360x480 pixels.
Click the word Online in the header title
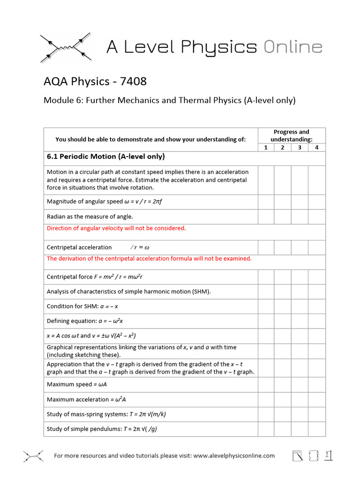tap(292, 47)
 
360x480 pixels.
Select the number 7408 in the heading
tap(133, 82)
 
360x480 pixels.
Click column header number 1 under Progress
tap(266, 147)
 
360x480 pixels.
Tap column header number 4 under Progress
tap(316, 147)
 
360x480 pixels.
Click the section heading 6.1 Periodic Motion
tap(105, 157)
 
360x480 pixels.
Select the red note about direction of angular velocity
tap(116, 228)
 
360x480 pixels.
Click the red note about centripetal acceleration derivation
tap(149, 258)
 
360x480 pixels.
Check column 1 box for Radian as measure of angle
tap(266, 217)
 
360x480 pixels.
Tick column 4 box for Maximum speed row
tap(316, 385)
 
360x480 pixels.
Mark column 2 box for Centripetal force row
tap(283, 277)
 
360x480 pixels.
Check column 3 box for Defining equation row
tap(300, 321)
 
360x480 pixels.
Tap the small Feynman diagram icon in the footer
tap(33, 456)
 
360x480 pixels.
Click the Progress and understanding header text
tap(291, 135)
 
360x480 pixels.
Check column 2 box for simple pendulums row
tap(283, 429)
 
